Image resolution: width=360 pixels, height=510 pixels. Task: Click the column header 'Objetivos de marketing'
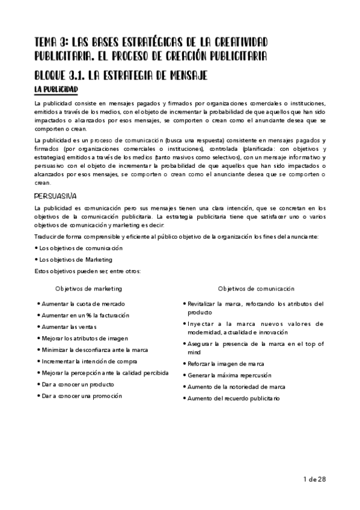pos(88,289)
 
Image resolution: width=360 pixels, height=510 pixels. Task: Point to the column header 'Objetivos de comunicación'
pos(256,289)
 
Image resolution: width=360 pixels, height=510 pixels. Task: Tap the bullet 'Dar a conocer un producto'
pos(79,384)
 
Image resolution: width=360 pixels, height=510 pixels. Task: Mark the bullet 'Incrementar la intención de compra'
pos(89,361)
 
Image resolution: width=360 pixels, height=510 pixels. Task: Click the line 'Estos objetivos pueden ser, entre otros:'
pos(87,271)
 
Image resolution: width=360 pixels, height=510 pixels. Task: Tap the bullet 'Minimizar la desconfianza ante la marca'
pos(94,350)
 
